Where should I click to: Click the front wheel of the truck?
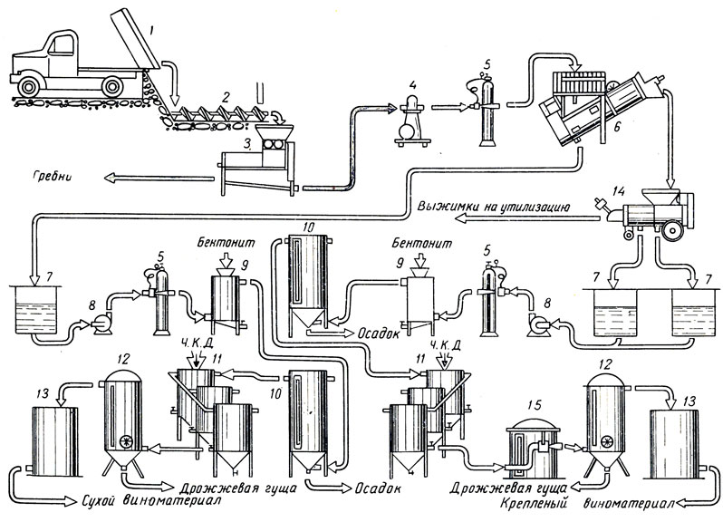[31, 85]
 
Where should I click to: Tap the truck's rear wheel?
[112, 86]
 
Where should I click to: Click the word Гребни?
[53, 177]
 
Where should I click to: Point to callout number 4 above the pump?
[412, 85]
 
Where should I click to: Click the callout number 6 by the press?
[616, 127]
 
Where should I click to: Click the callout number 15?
[535, 405]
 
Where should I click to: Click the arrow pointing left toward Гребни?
[159, 177]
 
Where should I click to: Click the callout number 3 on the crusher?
[248, 146]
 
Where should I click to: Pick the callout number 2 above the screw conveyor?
[226, 98]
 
